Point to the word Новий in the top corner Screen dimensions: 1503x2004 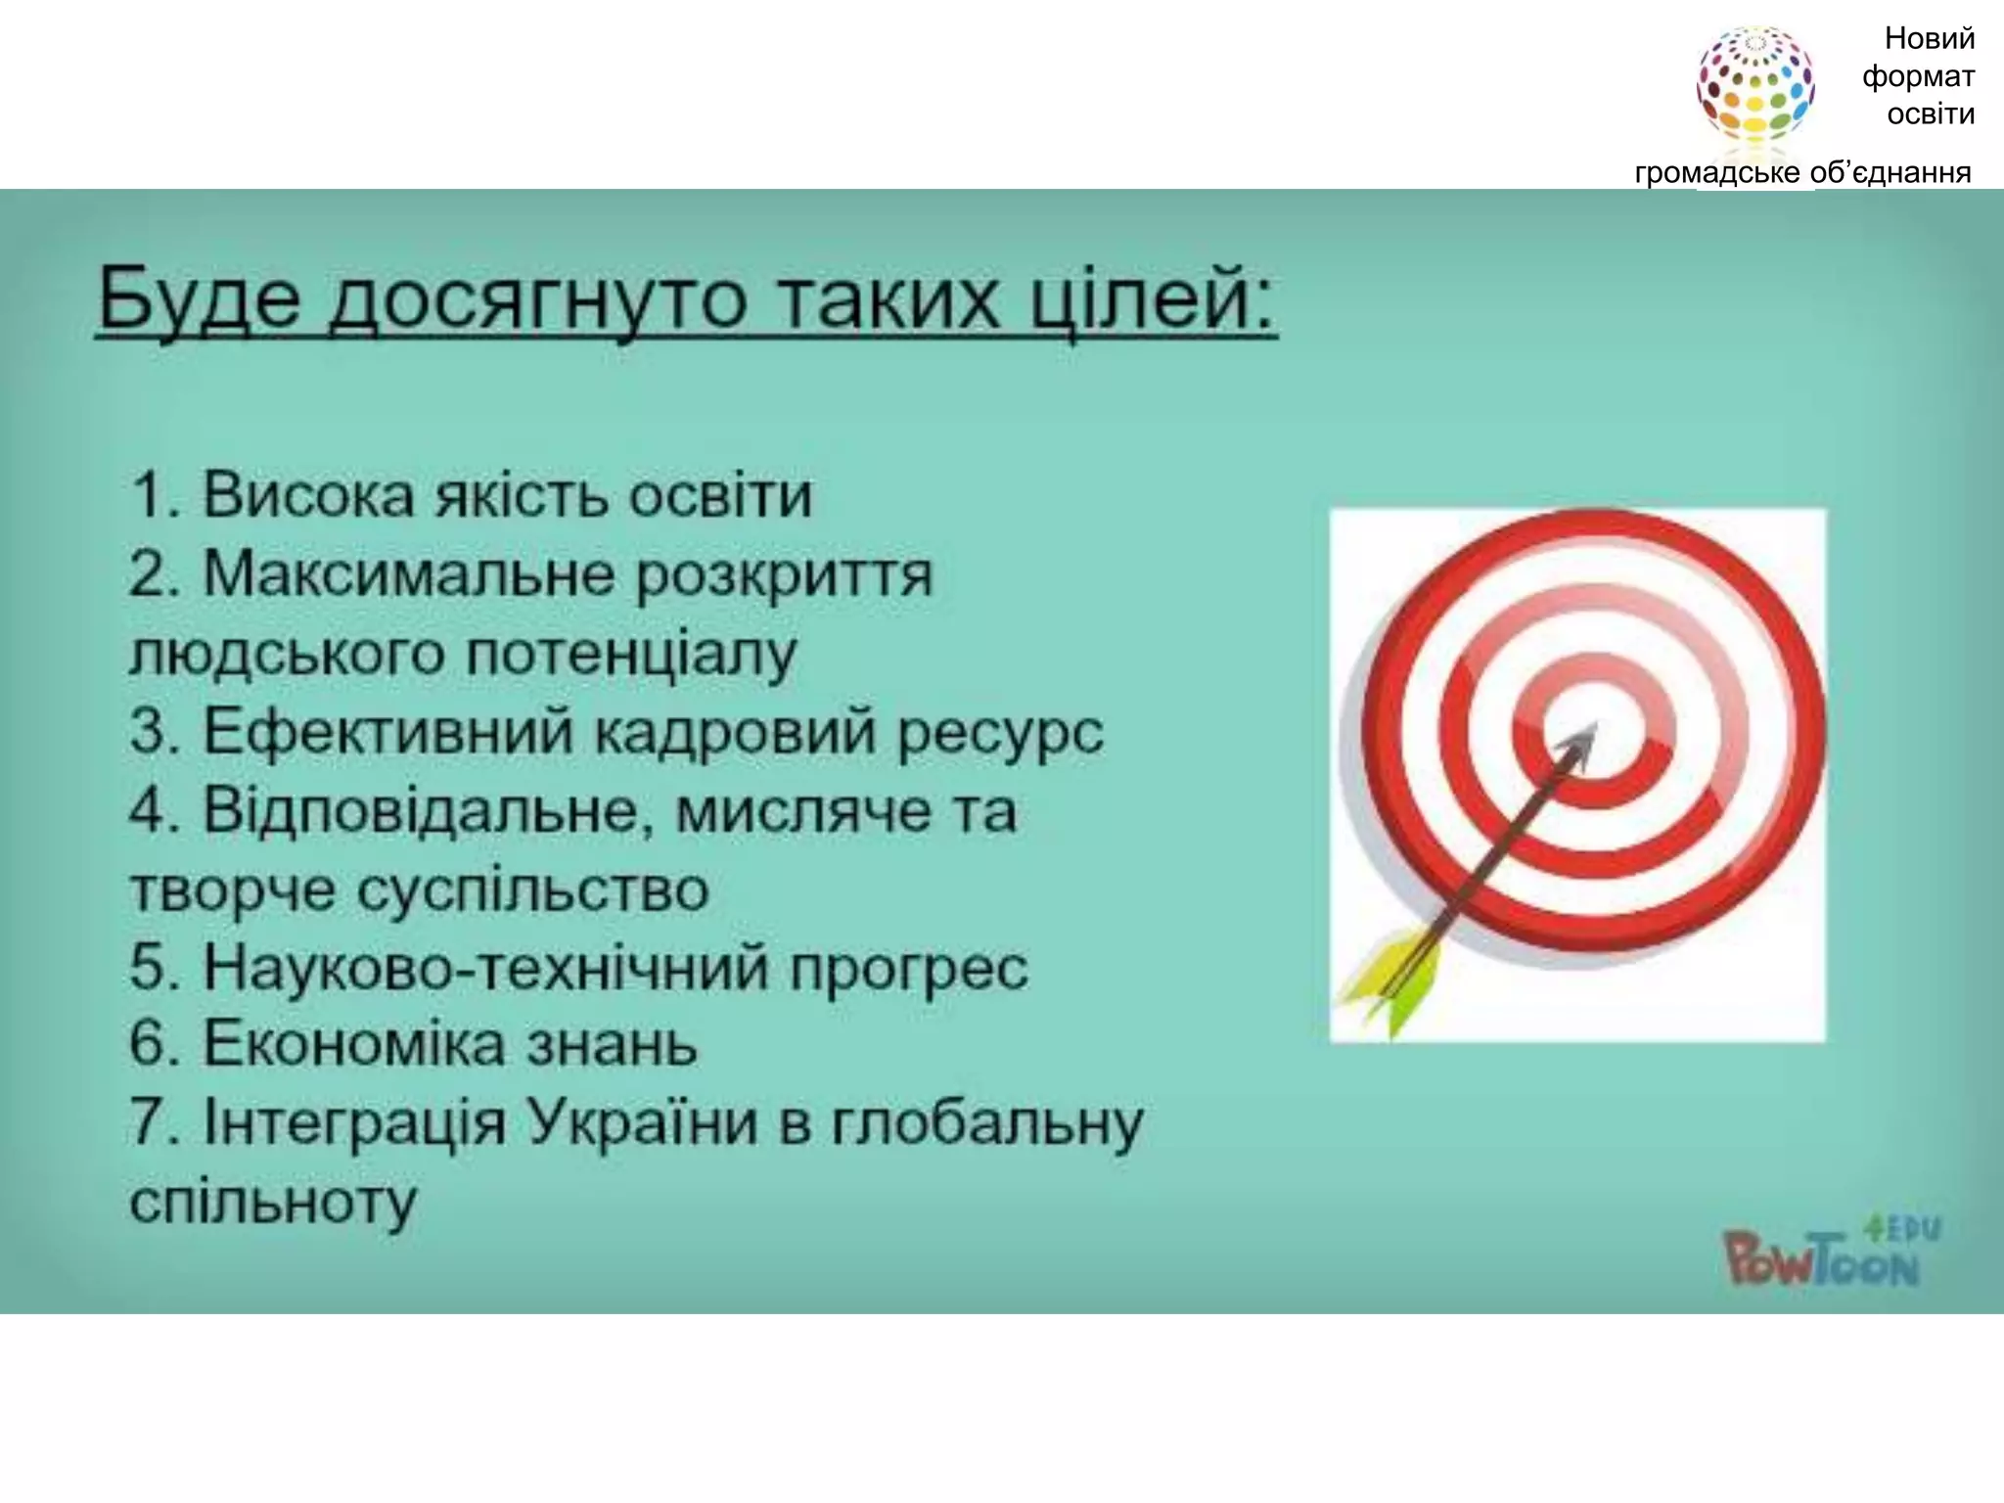tap(1929, 39)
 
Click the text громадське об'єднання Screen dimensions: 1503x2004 tap(1802, 173)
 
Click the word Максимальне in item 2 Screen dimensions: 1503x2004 tap(410, 573)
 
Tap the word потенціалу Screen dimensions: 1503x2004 tap(630, 653)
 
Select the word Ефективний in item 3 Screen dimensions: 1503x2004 tap(387, 731)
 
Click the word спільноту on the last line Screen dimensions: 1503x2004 tap(273, 1202)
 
